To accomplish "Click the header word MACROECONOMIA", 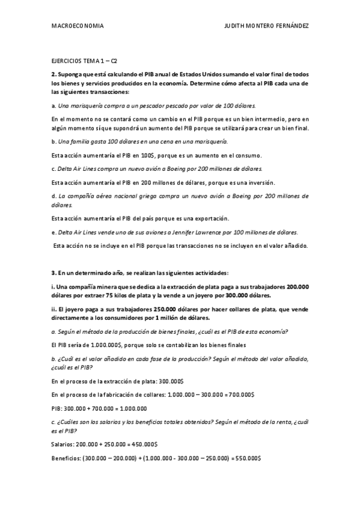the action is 78,26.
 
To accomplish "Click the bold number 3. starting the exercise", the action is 53,273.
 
